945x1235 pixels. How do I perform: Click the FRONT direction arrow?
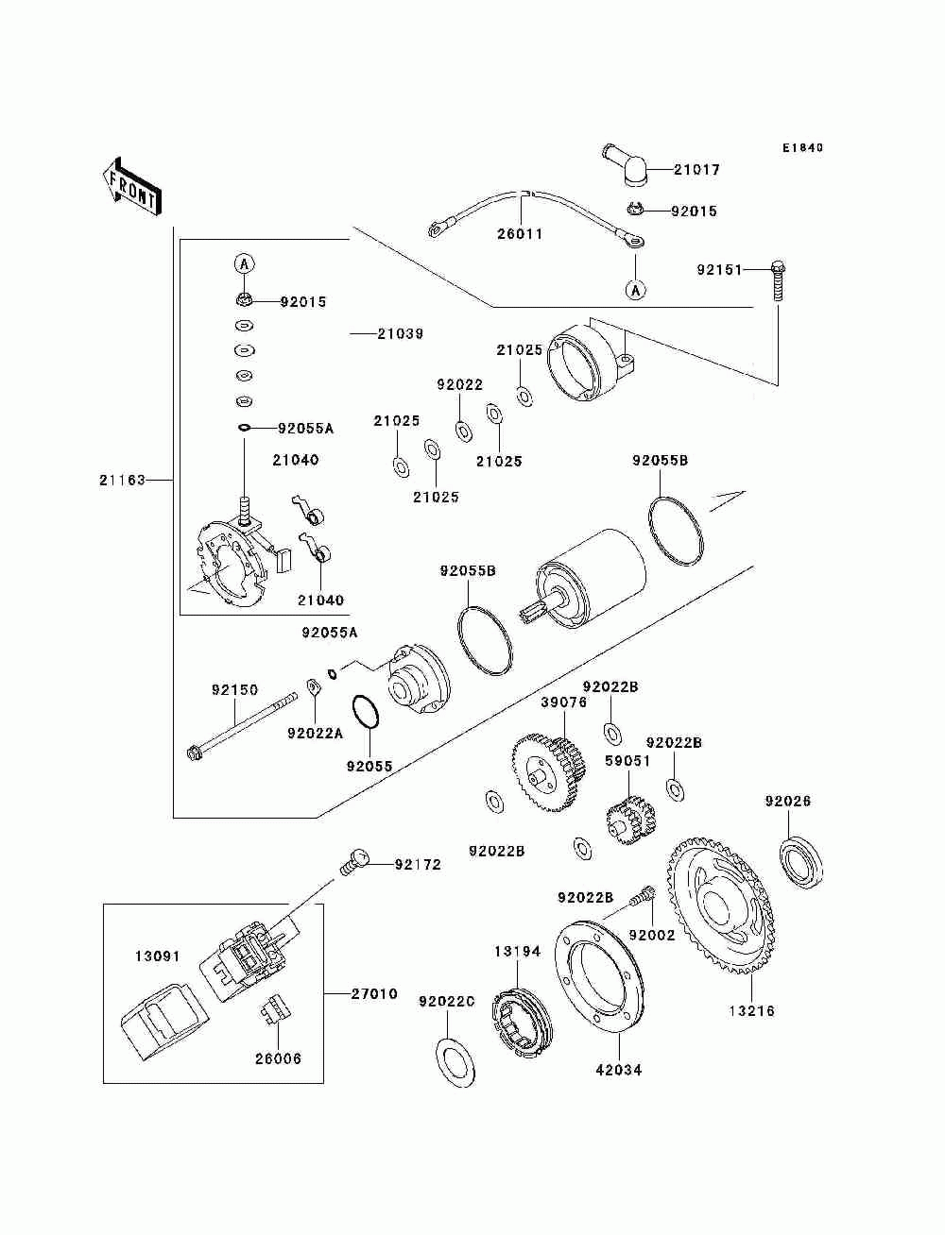(131, 185)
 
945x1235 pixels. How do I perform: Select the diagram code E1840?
(802, 148)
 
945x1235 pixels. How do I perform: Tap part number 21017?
(696, 169)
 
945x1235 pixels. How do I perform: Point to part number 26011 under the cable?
(520, 233)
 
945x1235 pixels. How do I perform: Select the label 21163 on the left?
(122, 480)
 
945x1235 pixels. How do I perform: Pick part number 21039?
(401, 333)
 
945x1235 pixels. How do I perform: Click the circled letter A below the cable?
(636, 290)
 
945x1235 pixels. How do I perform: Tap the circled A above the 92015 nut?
(244, 263)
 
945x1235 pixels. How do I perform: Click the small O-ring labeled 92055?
(366, 712)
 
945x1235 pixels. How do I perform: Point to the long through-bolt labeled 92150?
(242, 727)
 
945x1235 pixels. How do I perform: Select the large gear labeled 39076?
(548, 771)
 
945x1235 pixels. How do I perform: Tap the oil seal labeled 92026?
(800, 863)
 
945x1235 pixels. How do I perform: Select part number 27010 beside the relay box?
(374, 993)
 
